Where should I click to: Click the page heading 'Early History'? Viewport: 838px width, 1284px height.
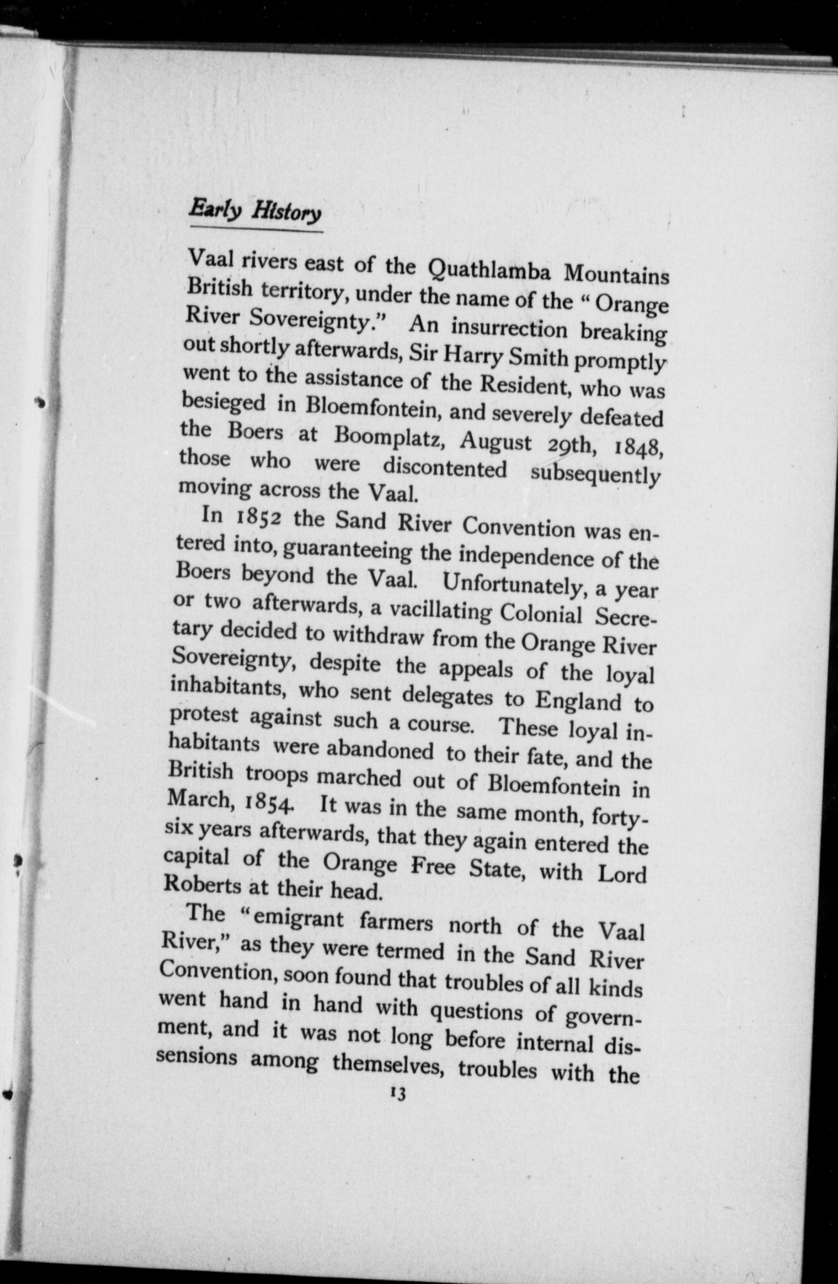click(255, 211)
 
